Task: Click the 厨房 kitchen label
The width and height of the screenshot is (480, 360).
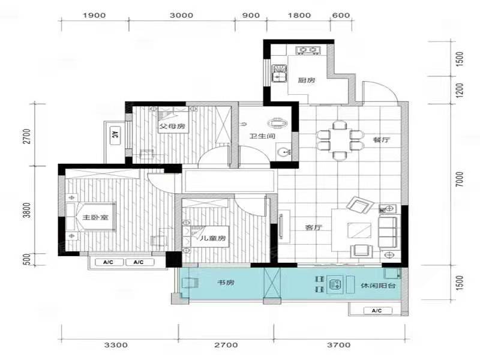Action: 307,80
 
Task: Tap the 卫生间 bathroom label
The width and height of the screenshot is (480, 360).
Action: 262,136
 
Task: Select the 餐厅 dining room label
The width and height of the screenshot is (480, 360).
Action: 382,140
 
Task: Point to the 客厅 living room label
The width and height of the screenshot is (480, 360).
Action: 314,228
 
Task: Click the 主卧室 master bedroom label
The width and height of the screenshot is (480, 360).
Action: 95,218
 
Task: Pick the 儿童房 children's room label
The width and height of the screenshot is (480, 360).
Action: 213,238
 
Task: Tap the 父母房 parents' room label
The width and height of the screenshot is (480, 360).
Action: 172,126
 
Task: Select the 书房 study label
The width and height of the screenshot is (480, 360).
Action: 226,283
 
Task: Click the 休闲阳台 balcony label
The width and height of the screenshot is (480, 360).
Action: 378,286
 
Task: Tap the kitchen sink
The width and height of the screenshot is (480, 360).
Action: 279,73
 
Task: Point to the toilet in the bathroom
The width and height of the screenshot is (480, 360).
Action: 278,123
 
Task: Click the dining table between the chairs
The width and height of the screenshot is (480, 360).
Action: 340,140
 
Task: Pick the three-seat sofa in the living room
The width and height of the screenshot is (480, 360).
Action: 388,232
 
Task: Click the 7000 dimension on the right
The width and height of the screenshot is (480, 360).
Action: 460,179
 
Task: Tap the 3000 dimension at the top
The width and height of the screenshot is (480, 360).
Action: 182,16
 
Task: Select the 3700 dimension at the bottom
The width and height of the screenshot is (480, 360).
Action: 338,345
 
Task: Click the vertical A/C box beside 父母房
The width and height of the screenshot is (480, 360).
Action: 115,135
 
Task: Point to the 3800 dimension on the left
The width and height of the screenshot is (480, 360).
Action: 27,211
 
